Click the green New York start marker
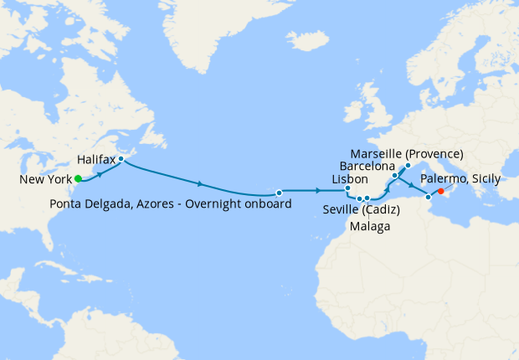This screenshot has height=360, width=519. pos(78,178)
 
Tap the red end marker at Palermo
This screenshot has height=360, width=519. pos(440,191)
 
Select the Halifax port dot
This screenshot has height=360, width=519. pos(121,158)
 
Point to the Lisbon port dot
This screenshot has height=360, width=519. pos(347,188)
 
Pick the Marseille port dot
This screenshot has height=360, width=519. pos(408,165)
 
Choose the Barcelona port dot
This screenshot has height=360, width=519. pos(394,176)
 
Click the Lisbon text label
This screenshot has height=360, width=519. pos(350,179)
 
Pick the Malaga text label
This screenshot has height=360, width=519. pos(370,225)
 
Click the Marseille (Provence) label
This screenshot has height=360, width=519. pos(407,154)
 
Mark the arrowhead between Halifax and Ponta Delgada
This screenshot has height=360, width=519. pos(200,183)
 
